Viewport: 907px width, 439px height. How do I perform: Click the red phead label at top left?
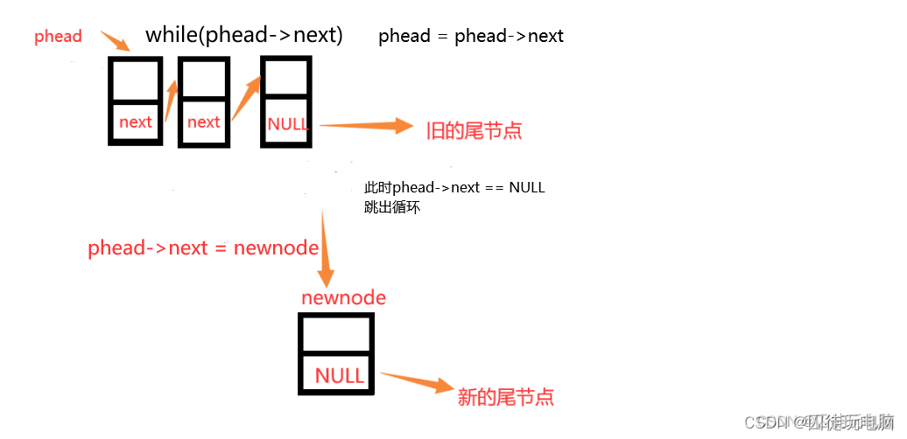point(58,37)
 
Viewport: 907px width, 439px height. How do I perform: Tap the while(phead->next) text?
point(243,35)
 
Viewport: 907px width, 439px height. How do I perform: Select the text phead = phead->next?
point(470,37)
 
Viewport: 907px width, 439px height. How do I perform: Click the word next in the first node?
point(135,122)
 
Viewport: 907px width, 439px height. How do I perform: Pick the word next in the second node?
point(203,122)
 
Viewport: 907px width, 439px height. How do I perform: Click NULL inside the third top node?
point(288,124)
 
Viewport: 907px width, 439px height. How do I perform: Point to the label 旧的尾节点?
point(474,131)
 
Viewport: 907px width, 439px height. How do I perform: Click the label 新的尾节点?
point(506,396)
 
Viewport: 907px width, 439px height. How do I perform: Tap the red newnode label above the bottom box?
point(343,297)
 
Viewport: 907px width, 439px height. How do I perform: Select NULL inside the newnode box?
point(339,376)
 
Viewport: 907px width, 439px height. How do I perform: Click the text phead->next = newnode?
point(203,248)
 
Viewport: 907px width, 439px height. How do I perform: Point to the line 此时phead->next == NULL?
point(454,188)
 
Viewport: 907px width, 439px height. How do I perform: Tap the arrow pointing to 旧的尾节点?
point(367,127)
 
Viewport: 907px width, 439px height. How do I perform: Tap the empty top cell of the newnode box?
point(337,335)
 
